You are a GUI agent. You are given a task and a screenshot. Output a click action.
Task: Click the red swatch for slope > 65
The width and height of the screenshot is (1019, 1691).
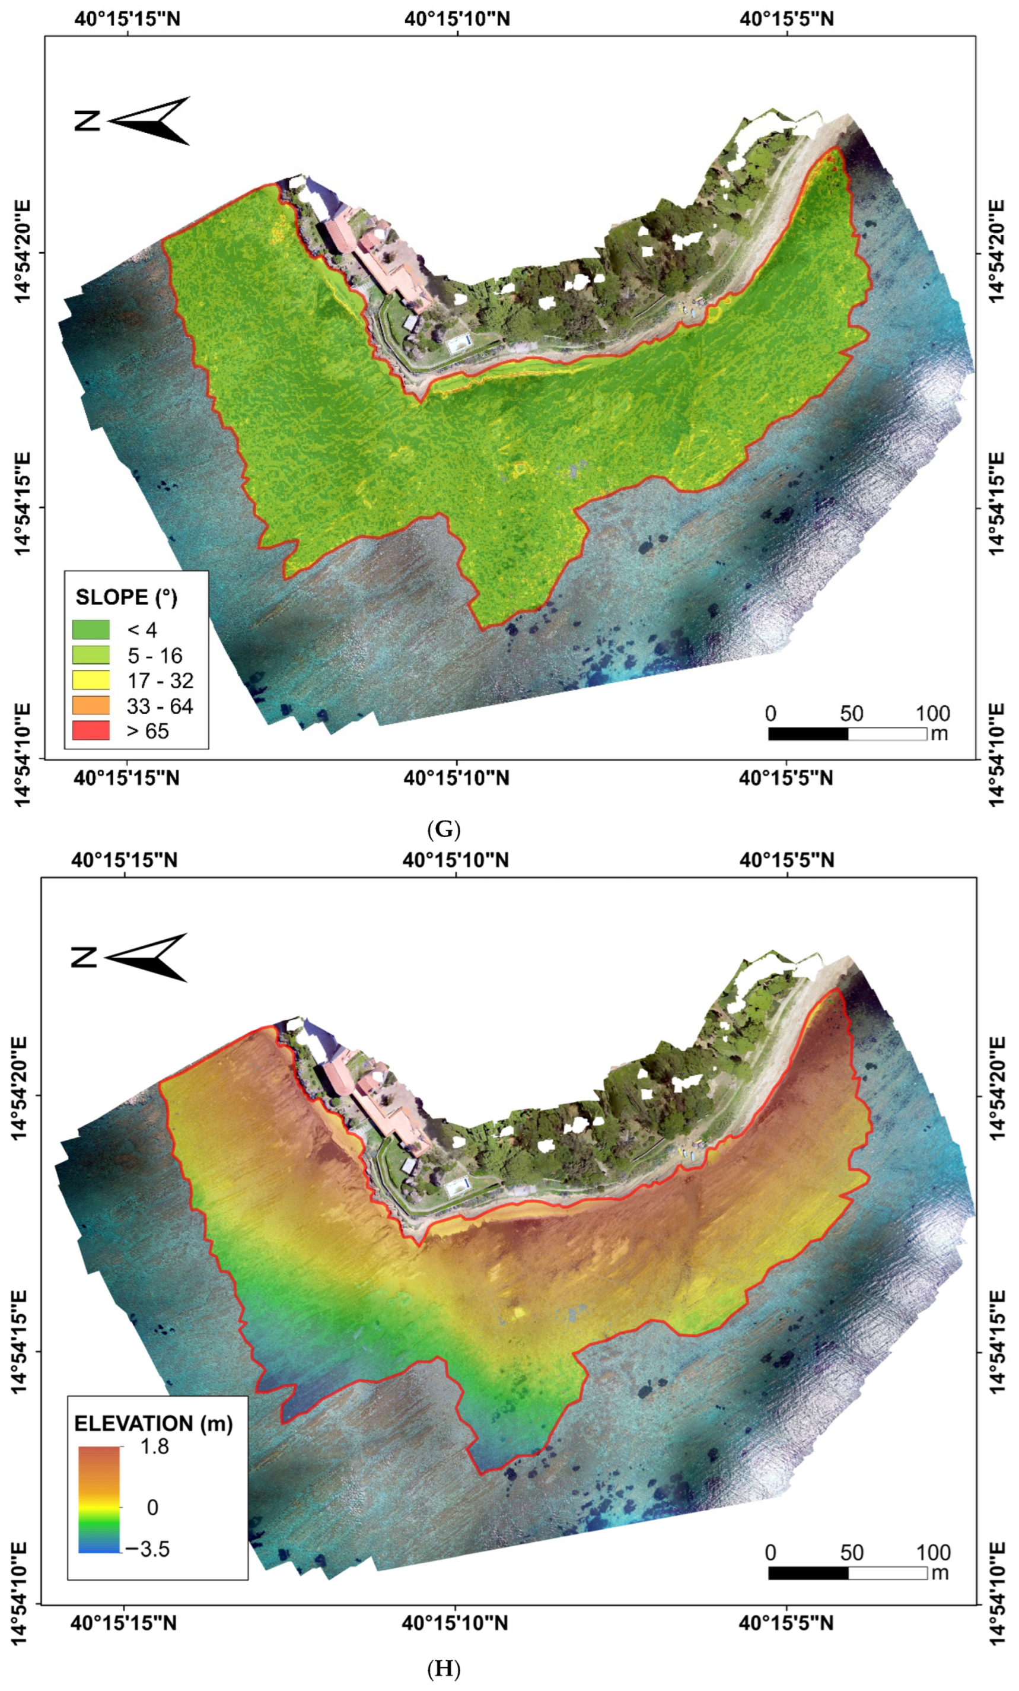[91, 730]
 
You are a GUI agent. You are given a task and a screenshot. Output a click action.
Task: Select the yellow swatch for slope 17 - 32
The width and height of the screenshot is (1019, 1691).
[91, 679]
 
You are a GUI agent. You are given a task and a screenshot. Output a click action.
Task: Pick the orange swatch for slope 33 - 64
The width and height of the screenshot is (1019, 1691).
[91, 705]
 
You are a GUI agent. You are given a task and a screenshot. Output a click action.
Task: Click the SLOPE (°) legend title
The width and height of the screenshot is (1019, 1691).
[126, 597]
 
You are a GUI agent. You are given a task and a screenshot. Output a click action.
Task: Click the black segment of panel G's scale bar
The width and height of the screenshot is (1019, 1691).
[808, 733]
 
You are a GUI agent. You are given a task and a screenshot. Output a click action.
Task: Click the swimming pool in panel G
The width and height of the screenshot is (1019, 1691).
[459, 342]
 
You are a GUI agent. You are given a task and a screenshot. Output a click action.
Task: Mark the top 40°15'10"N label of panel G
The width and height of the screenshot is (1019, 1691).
[457, 18]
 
